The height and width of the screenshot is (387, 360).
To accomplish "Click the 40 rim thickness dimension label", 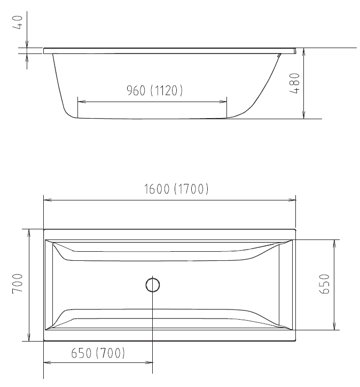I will click(19, 24).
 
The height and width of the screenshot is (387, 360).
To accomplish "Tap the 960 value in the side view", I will click(136, 91).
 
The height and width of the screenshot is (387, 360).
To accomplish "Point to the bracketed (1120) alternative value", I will click(167, 91).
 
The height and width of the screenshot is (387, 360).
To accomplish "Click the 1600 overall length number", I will click(157, 189).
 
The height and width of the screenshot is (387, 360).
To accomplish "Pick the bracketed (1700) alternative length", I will click(191, 189).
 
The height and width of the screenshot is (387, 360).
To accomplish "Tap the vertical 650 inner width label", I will click(325, 284).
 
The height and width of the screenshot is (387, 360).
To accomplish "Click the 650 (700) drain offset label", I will click(98, 353).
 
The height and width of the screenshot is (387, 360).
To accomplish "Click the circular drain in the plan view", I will click(153, 285).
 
